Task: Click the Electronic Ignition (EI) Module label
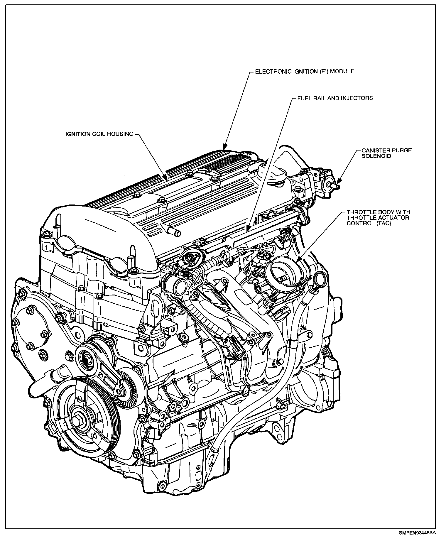pos(304,71)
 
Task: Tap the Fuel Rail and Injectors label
pos(335,98)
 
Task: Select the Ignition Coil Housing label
pos(99,134)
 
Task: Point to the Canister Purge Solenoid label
pos(386,153)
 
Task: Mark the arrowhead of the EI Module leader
pos(224,148)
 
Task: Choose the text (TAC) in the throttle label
pos(385,223)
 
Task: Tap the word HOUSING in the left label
pos(121,134)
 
